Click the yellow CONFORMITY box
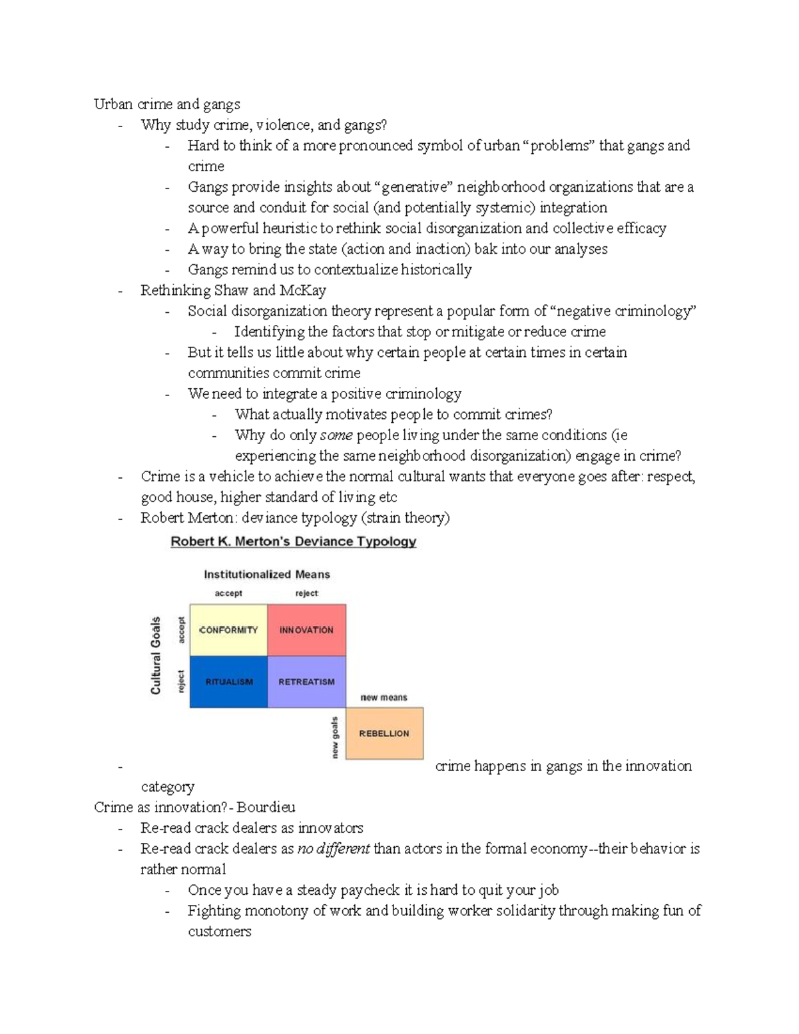[x=228, y=630]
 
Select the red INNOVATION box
[x=306, y=630]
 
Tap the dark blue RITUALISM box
[x=228, y=682]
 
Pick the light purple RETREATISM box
[x=306, y=682]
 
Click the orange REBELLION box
[x=384, y=733]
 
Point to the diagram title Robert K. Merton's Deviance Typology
[x=293, y=541]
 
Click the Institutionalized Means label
[x=266, y=574]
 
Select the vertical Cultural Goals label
[x=156, y=655]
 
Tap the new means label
[x=384, y=697]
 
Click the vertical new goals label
[x=335, y=736]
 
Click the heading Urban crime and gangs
[x=167, y=104]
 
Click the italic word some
[x=336, y=435]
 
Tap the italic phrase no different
[x=334, y=849]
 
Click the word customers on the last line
[x=219, y=931]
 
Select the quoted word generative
[x=413, y=187]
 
